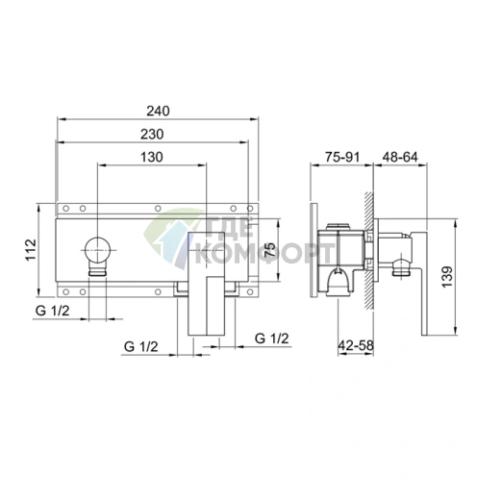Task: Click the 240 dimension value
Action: tap(158, 111)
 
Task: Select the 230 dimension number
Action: tap(152, 134)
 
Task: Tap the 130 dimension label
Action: tap(152, 157)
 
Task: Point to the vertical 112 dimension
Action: tap(32, 250)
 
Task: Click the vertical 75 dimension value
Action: tap(270, 250)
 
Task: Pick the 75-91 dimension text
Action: tap(342, 157)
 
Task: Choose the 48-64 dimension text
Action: tap(400, 157)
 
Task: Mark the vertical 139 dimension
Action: tap(447, 277)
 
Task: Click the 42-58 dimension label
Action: tap(356, 345)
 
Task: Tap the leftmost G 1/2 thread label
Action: tap(52, 311)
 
